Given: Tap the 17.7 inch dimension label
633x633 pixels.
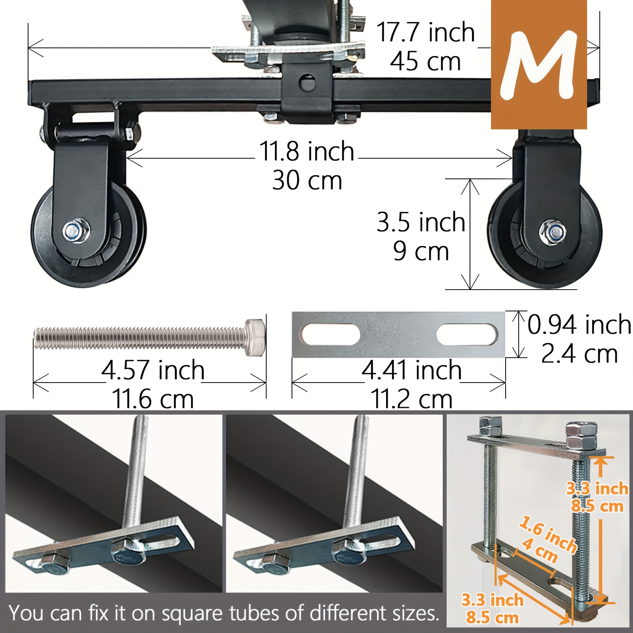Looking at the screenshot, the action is click(x=425, y=32).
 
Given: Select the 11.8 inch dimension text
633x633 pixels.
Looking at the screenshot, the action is click(x=307, y=152).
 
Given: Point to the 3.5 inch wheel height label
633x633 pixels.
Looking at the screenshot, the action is click(x=421, y=222).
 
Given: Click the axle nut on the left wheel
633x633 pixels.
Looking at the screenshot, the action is click(x=77, y=229).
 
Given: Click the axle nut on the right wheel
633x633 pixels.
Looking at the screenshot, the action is click(x=552, y=230).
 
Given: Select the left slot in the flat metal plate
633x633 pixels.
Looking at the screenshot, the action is click(x=331, y=334).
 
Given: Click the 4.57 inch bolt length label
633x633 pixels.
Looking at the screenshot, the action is click(x=153, y=370).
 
